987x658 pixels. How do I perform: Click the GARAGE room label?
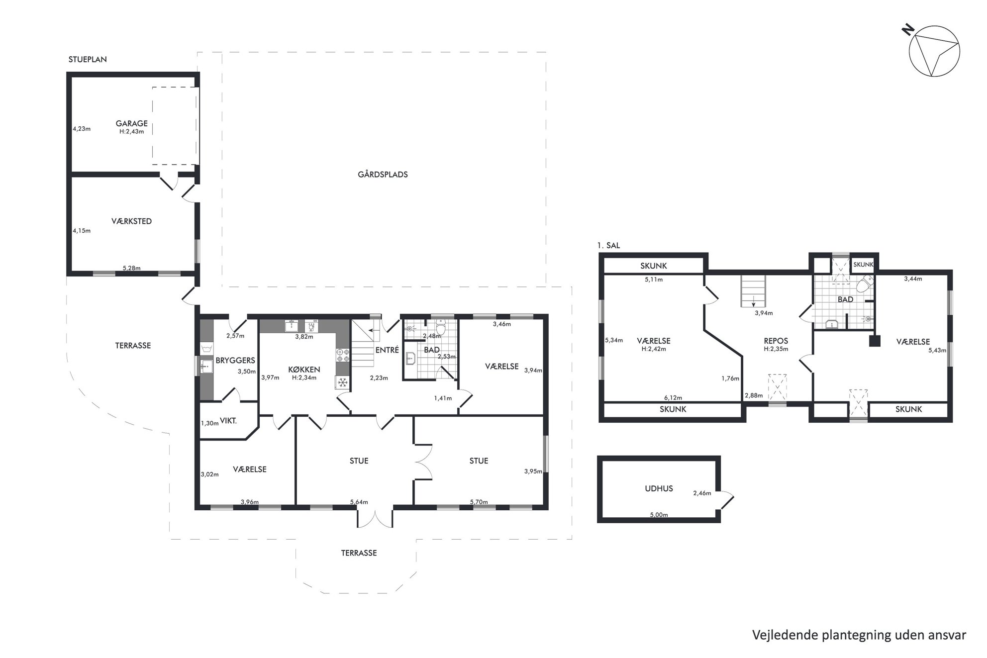tap(132, 123)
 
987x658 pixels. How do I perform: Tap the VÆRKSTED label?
tap(132, 221)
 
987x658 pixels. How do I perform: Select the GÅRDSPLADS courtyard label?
tap(383, 175)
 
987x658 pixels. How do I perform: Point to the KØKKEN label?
tap(304, 370)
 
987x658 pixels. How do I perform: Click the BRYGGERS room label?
tap(235, 361)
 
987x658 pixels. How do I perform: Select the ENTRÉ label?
tap(387, 350)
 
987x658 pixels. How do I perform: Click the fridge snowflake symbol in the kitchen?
tap(343, 382)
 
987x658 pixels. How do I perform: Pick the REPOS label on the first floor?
tap(776, 341)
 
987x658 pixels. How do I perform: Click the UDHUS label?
tap(659, 488)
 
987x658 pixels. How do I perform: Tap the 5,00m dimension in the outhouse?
tap(659, 515)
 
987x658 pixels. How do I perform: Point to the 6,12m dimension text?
tap(673, 398)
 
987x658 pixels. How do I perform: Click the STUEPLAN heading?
tap(88, 59)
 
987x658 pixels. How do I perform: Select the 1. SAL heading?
tap(608, 246)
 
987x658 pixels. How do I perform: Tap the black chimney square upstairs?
tap(875, 341)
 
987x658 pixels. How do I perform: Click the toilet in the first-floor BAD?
tap(865, 284)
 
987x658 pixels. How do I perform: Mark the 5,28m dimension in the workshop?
tap(131, 268)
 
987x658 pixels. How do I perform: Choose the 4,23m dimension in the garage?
tap(82, 129)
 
